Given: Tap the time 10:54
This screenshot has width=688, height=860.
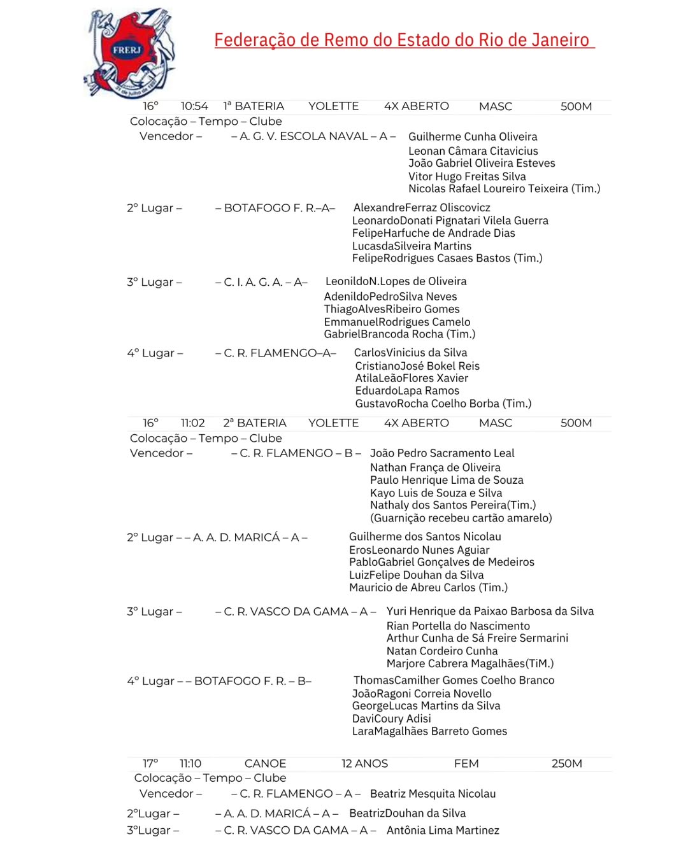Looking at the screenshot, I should point(194,106).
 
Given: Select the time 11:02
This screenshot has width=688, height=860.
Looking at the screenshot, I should point(192,423).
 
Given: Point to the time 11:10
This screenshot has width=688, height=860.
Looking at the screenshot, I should point(190,763).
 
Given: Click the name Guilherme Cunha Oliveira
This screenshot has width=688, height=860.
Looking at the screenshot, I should point(473,136).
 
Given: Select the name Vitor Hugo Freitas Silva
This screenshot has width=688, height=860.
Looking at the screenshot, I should point(467,176).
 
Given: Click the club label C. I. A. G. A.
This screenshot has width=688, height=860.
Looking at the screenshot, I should point(253,282).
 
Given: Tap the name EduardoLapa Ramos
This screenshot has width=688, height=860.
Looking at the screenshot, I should point(407,391).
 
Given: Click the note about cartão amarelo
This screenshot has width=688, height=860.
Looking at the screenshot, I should point(461,518).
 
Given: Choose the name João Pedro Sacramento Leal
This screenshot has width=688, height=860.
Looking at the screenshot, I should point(442,453).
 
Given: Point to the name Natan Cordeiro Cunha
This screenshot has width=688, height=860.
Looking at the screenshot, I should point(442,651).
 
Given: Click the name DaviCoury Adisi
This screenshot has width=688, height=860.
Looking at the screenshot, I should point(391,719).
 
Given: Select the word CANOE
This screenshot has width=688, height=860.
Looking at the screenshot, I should point(265,763).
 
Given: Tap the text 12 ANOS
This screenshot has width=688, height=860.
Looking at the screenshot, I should point(364,763).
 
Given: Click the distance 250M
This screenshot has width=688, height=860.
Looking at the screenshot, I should point(566,763).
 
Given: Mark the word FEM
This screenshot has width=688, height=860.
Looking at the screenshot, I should point(466,763).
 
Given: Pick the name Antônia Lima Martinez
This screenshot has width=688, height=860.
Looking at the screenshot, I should point(443,830).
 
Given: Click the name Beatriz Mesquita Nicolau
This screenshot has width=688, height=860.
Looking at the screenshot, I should point(433,794).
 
